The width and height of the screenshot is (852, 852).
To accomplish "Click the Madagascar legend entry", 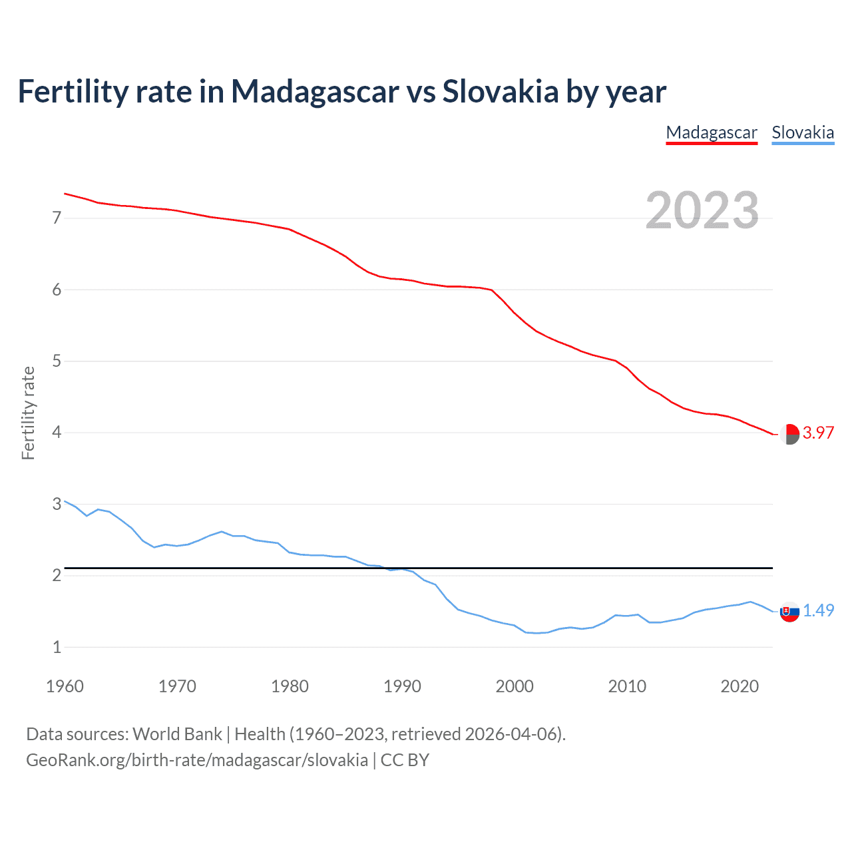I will [x=712, y=132].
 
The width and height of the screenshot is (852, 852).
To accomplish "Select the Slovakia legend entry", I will [x=803, y=132].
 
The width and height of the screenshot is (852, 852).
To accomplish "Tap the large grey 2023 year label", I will [x=702, y=210].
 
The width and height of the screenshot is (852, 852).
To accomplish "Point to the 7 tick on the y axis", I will [x=57, y=218].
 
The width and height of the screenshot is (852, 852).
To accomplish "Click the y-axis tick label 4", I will [x=57, y=433].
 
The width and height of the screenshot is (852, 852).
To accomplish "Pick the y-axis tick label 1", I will [x=57, y=647].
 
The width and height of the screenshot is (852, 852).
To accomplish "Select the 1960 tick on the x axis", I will [x=65, y=686].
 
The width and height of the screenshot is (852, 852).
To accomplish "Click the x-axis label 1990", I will [x=402, y=686].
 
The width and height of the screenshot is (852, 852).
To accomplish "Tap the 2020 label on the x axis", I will [x=740, y=686].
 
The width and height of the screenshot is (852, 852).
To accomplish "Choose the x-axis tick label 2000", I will [x=515, y=686].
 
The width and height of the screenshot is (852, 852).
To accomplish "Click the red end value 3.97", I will [x=818, y=433].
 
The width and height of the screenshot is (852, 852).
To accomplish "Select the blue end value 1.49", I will [x=818, y=610].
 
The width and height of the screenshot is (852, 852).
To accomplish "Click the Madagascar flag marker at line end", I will [x=789, y=434].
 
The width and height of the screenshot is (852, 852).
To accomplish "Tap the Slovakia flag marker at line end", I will [x=789, y=612].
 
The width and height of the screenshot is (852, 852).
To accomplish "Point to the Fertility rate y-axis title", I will [x=28, y=413].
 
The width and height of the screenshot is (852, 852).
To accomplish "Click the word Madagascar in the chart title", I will [x=315, y=91].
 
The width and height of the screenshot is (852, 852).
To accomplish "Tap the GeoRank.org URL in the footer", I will [x=197, y=760].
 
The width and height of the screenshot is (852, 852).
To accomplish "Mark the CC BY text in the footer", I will [x=405, y=760].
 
